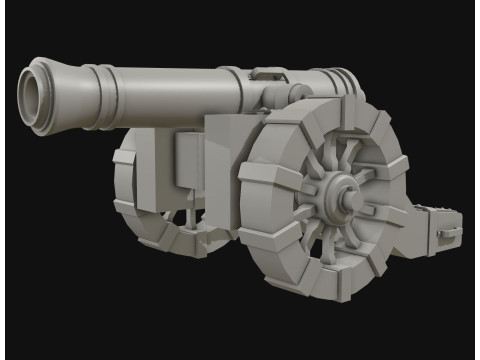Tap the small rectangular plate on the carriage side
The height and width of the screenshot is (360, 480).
[x=188, y=160]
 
